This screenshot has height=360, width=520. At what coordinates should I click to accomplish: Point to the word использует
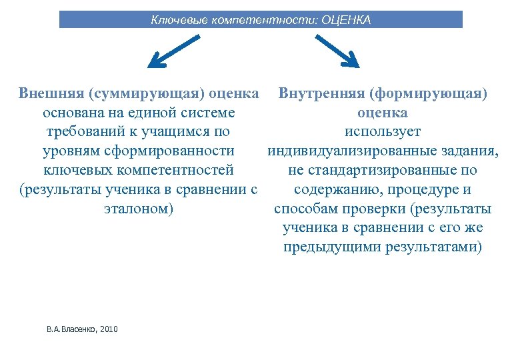(x=383, y=131)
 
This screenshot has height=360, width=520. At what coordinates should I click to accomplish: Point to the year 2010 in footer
(x=108, y=329)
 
